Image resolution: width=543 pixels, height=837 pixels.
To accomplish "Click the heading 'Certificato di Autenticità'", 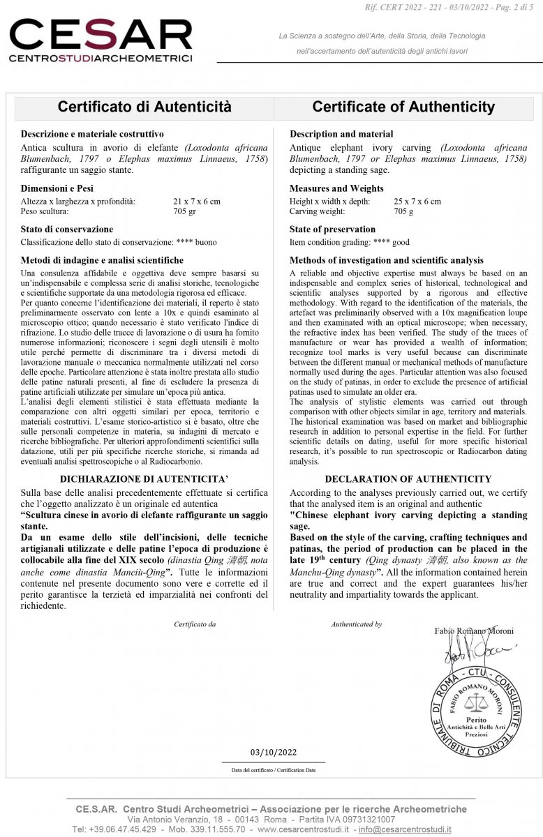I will pos(144,107).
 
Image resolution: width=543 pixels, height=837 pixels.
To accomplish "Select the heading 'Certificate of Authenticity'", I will pos(403,107).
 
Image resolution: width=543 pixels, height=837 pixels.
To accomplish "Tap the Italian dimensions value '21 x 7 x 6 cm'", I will pos(197,202).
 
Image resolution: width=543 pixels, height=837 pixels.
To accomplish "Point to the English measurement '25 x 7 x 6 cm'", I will pos(417,202).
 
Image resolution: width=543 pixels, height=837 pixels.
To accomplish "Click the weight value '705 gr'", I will pos(185,211).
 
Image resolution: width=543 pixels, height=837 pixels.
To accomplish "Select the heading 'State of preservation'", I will pos(332,229).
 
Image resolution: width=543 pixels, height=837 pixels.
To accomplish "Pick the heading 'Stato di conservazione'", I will pos(67,229).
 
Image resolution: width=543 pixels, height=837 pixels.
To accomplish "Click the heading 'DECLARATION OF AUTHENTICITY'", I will pos(408,479).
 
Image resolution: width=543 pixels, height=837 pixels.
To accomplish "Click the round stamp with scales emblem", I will pos(475,711).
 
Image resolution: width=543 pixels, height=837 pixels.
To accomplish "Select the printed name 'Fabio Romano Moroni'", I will pos(474,631).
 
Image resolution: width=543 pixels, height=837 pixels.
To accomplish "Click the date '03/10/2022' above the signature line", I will pos(274,752).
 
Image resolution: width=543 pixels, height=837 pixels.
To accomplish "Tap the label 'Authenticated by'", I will pos(356,624).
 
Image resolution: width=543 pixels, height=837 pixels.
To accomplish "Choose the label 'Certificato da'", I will pos(195,624).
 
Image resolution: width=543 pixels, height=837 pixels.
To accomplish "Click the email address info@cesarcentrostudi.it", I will pos(405,829).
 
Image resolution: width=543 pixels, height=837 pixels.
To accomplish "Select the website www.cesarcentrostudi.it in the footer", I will pos(304,829).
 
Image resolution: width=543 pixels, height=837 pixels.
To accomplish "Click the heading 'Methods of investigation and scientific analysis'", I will pos(386,260).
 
